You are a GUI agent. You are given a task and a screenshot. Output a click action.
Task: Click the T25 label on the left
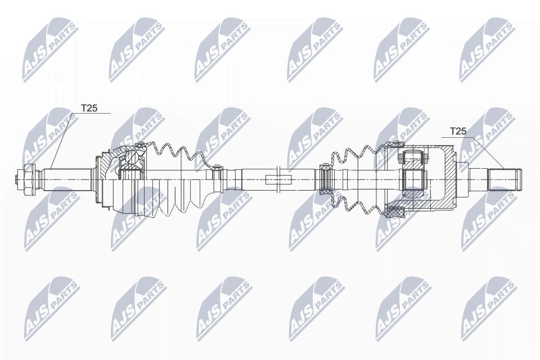(x=89, y=108)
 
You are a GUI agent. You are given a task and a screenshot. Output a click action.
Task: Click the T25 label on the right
(x=458, y=131)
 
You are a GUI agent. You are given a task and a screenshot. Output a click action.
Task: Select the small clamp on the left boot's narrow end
(x=215, y=165)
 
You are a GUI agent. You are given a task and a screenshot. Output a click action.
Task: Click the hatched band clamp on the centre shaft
(x=325, y=179)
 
